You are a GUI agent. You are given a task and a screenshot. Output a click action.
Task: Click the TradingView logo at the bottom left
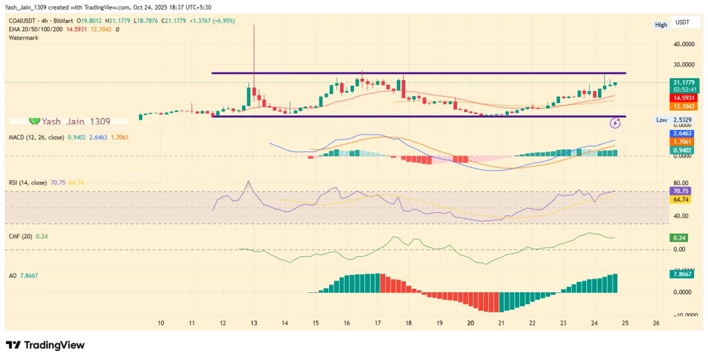point(45,345)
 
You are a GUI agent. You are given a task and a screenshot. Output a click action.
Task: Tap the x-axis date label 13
point(254,323)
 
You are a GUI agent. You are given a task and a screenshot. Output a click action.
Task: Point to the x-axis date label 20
point(470,323)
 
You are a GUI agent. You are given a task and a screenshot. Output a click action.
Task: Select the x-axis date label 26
point(655,323)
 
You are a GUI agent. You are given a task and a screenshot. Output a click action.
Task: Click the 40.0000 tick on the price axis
point(683,44)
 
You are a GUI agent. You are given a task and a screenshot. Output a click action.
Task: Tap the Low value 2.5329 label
point(683,120)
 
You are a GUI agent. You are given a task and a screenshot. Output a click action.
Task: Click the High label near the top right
point(661,25)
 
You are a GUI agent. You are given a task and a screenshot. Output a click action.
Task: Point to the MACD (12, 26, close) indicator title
point(35,138)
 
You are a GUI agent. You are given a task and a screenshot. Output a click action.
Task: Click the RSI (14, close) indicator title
point(28,182)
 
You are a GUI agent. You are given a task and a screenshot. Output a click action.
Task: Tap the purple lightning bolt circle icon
point(615,123)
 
